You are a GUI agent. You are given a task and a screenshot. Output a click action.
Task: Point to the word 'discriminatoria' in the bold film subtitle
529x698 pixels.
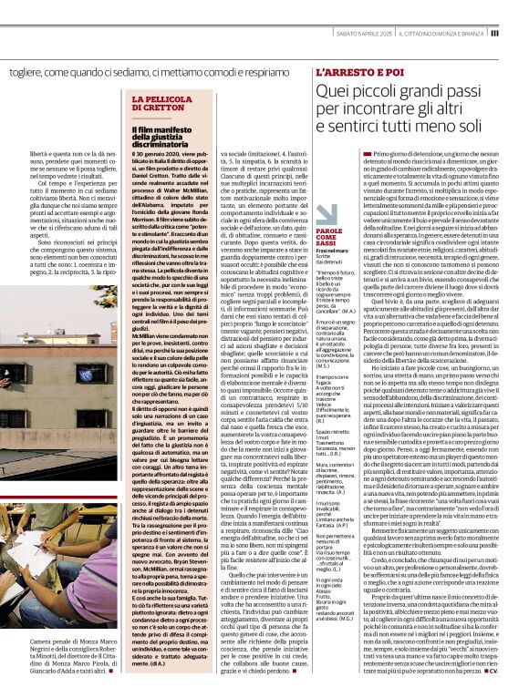(161, 144)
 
